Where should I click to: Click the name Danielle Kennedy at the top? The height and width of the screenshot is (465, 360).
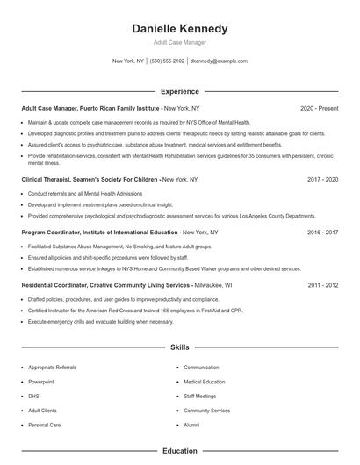(x=179, y=29)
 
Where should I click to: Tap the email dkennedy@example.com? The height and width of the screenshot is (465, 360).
(x=219, y=61)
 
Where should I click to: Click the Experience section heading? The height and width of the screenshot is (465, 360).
(x=179, y=91)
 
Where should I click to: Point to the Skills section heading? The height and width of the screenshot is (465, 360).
(x=179, y=347)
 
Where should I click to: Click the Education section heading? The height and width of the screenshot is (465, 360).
(x=179, y=451)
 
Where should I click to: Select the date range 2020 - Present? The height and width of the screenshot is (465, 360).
(x=319, y=108)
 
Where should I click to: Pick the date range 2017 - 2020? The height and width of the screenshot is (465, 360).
(x=322, y=179)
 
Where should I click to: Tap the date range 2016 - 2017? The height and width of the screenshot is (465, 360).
(x=322, y=232)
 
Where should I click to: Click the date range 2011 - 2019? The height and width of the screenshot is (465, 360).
(x=322, y=285)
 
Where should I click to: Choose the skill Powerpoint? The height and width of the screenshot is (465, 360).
(x=40, y=382)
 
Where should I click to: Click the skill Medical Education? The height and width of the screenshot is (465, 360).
(x=204, y=382)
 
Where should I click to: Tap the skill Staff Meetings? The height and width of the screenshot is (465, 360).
(x=200, y=396)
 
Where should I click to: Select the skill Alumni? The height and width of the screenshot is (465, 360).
(x=191, y=425)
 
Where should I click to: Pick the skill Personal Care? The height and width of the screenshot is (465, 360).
(x=44, y=425)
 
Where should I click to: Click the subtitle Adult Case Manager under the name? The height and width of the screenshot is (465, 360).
(x=179, y=42)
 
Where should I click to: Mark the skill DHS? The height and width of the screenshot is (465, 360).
(x=33, y=396)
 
